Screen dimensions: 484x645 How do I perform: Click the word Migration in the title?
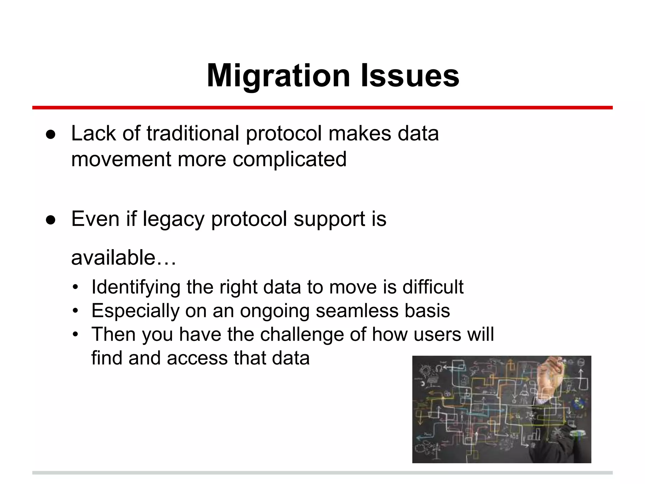(x=278, y=76)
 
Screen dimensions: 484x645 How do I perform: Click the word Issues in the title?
(x=410, y=76)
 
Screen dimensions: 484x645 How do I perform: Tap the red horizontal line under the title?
(x=322, y=108)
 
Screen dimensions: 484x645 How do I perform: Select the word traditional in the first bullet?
(x=193, y=133)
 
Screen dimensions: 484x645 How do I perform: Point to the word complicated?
(x=289, y=159)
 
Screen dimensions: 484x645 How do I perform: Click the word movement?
(x=121, y=159)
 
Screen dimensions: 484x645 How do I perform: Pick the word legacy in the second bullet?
(x=174, y=219)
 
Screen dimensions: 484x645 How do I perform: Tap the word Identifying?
(x=136, y=287)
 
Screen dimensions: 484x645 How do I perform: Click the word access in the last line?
(x=197, y=358)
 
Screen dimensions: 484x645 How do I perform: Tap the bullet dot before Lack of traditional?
(x=51, y=135)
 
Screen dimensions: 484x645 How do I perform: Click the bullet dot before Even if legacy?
(x=51, y=220)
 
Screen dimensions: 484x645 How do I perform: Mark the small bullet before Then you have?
(x=75, y=335)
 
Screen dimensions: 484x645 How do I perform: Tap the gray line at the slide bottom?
(x=322, y=473)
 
